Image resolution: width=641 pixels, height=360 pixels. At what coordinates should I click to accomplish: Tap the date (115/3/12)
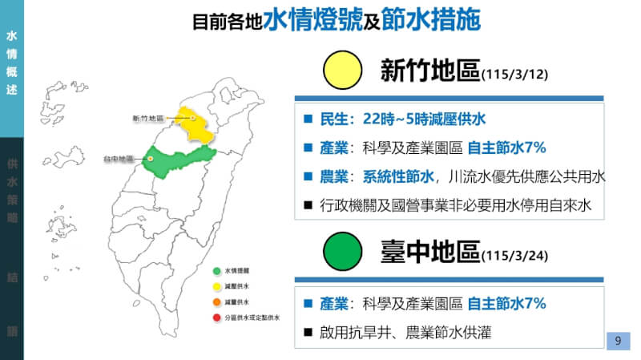513,75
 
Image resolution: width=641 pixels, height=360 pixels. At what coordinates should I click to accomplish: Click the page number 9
618,341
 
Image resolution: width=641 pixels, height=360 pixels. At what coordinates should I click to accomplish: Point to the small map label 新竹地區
147,119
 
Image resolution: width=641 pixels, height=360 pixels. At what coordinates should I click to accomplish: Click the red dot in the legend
216,318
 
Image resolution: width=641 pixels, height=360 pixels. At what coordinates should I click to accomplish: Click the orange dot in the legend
216,302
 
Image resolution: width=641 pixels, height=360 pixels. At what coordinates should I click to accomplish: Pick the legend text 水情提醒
236,270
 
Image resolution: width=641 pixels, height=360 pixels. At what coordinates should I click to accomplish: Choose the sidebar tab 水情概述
11,63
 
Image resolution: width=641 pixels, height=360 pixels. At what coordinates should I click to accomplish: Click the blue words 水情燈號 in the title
313,20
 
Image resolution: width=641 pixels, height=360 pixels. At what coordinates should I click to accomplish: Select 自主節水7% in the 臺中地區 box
506,304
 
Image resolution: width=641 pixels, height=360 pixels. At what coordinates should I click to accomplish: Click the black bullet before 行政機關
308,205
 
